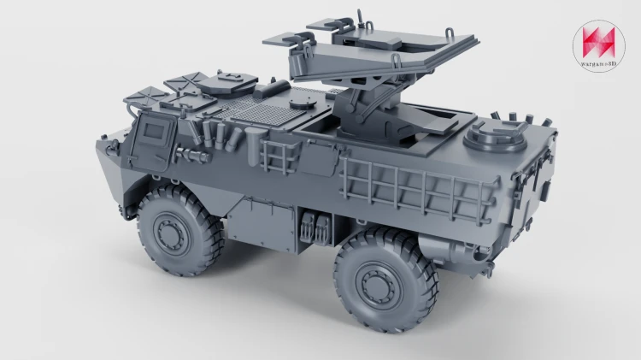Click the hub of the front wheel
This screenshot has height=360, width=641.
[171, 233]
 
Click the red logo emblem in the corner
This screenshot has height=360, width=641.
[598, 42]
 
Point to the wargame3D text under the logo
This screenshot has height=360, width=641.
[598, 63]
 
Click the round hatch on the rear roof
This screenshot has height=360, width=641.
[496, 135]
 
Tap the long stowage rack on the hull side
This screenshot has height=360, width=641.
[417, 188]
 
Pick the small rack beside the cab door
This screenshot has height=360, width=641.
[279, 156]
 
